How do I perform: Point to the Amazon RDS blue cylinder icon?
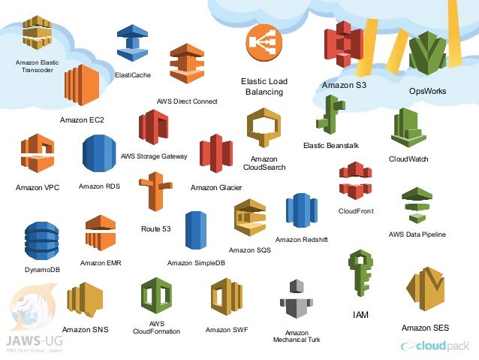click(98, 155)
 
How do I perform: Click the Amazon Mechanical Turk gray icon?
click(296, 302)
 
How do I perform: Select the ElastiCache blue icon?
click(132, 44)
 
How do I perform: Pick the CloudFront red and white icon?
click(355, 181)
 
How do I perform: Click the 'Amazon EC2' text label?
click(82, 119)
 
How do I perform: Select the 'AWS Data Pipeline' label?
click(417, 234)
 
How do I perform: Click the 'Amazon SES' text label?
click(425, 328)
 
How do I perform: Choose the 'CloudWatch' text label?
click(408, 159)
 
